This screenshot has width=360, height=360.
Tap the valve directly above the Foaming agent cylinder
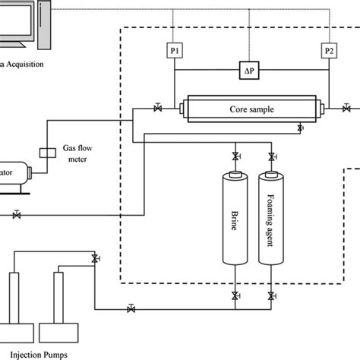(270, 156)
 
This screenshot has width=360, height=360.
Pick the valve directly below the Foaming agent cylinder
(270, 295)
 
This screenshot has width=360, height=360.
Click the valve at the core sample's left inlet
(156, 109)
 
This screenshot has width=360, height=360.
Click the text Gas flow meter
(79, 155)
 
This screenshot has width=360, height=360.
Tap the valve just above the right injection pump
(94, 259)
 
